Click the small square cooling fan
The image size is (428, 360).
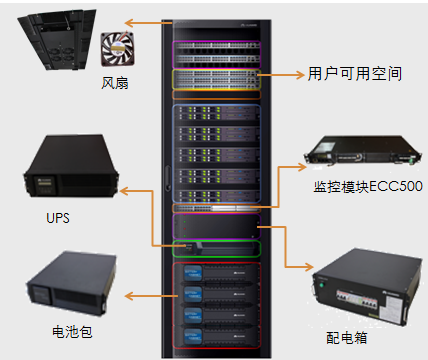coord(118,49)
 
